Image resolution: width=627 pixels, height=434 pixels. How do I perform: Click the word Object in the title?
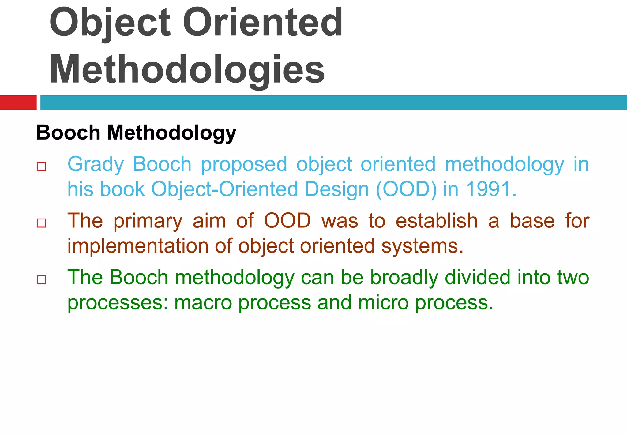point(110,23)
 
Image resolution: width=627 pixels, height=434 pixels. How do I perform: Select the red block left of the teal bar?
point(18,103)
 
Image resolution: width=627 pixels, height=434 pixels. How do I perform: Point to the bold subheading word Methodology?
point(171,133)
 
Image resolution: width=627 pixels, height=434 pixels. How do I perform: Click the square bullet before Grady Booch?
point(41,167)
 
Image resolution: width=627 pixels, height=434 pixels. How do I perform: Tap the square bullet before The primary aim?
point(41,223)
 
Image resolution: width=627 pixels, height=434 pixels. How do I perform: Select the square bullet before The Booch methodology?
point(41,280)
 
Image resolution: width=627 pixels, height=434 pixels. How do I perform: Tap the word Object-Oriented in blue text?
point(225,189)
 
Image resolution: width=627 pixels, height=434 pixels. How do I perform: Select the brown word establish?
point(436,221)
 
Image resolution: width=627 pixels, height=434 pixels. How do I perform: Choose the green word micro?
point(383,303)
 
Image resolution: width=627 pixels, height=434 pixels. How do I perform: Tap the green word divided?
point(478,277)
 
